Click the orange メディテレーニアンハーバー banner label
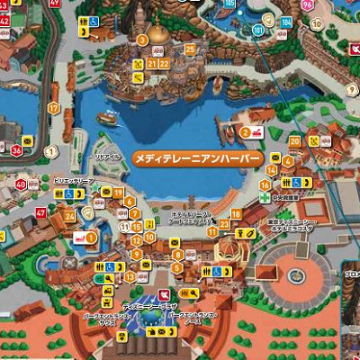pyautogui.click(x=197, y=157)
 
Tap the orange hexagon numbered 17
pyautogui.click(x=54, y=108)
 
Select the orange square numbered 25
pyautogui.click(x=190, y=49)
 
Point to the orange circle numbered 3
pyautogui.click(x=142, y=40)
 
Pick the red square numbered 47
pyautogui.click(x=40, y=212)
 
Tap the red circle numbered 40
pyautogui.click(x=21, y=184)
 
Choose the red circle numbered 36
pyautogui.click(x=16, y=150)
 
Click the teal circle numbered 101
pyautogui.click(x=257, y=30)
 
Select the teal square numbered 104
pyautogui.click(x=286, y=22)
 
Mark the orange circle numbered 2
pyautogui.click(x=245, y=132)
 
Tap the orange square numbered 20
pyautogui.click(x=294, y=140)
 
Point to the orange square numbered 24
pyautogui.click(x=69, y=217)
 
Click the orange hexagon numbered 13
pyautogui.click(x=130, y=277)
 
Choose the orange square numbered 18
pyautogui.click(x=237, y=213)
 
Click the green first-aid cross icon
pyautogui.click(x=265, y=196)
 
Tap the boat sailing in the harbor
pyautogui.click(x=107, y=117)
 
